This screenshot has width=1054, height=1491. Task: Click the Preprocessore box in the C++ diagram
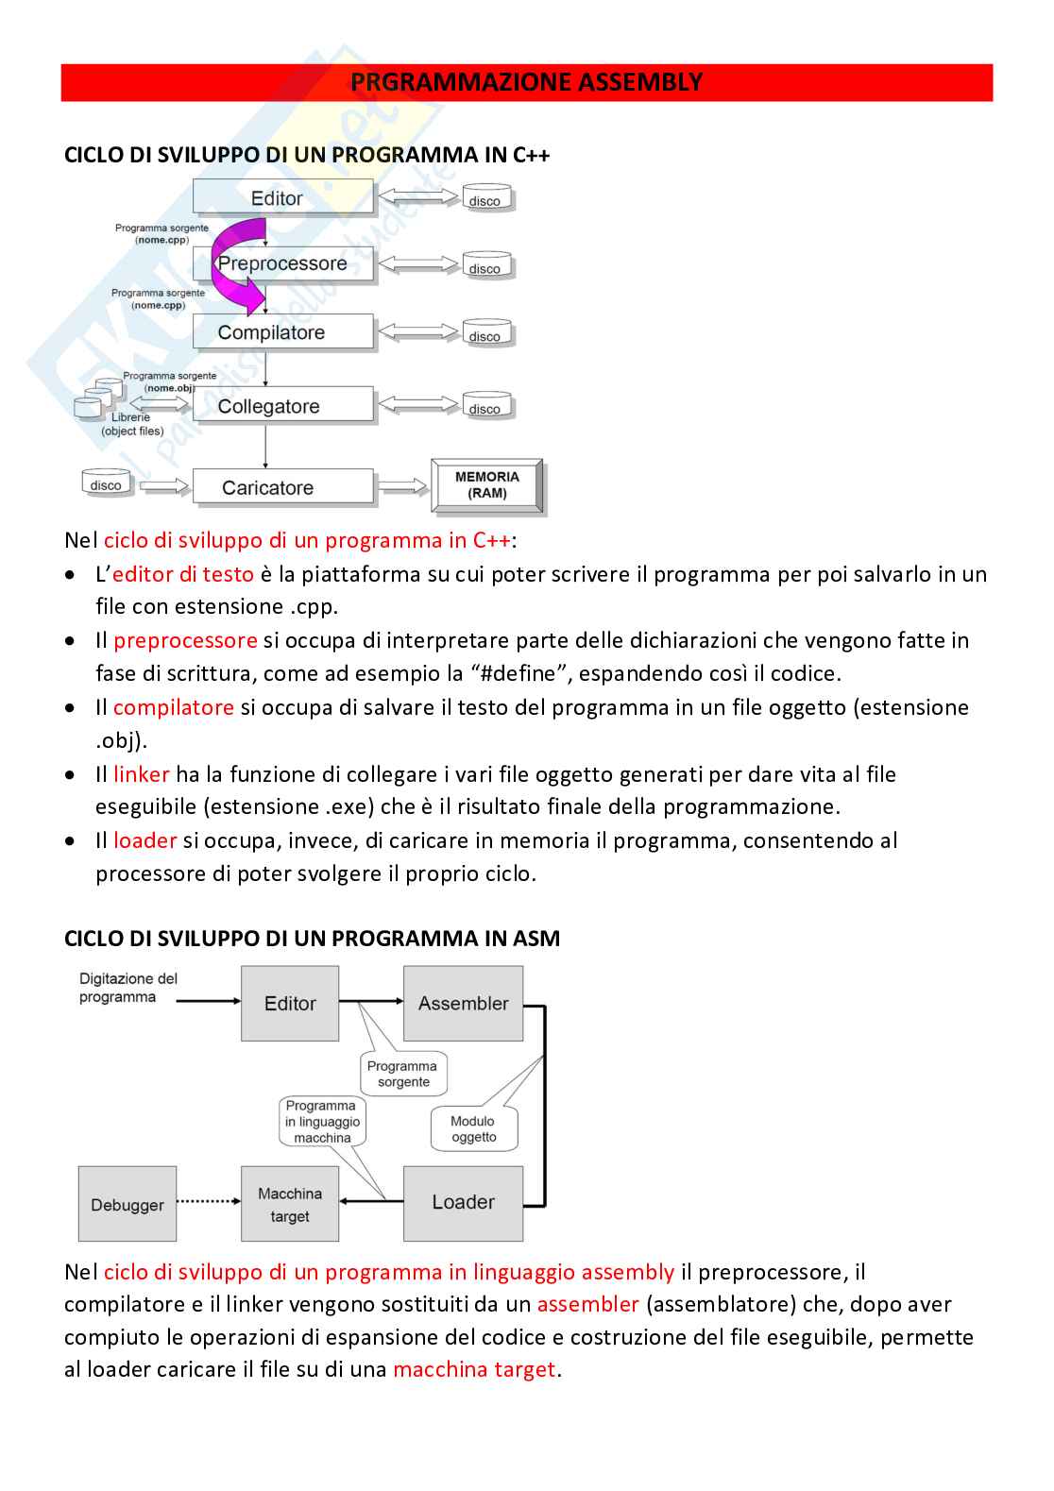(283, 264)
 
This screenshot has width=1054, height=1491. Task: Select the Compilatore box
(283, 332)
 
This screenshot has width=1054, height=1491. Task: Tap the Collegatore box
(283, 406)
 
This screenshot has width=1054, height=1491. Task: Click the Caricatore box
(283, 487)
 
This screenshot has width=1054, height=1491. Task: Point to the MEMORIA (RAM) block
(487, 485)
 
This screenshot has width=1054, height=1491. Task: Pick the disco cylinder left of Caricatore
(106, 483)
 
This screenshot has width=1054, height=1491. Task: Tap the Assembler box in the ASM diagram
(463, 1004)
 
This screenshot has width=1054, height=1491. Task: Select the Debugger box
(127, 1204)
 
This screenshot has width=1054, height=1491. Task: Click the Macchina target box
(290, 1204)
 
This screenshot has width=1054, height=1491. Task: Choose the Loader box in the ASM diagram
(463, 1203)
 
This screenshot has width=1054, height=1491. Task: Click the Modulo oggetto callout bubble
(474, 1128)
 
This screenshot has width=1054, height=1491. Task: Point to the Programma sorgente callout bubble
(403, 1075)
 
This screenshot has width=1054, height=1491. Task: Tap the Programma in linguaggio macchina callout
(323, 1122)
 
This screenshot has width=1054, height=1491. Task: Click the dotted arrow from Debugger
(208, 1201)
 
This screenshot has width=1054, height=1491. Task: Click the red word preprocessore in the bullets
(185, 640)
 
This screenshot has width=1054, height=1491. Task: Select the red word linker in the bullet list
(141, 774)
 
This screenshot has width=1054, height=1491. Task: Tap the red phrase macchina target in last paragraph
(474, 1369)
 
